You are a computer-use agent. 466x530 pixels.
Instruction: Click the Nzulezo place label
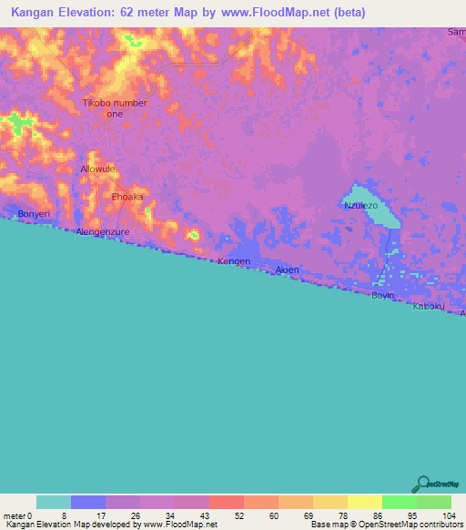point(360,206)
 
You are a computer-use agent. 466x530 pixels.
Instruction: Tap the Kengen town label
point(233,261)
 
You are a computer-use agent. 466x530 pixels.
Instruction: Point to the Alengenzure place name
point(105,232)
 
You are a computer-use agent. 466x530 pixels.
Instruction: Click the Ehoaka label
point(127,197)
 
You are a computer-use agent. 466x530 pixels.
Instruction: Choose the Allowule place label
point(99,169)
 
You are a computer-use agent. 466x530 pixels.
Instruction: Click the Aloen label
point(287,270)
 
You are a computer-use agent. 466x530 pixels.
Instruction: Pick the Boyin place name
point(382,296)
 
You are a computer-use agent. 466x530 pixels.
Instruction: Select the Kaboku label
point(429,306)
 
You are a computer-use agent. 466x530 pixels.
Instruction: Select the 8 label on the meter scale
point(71,515)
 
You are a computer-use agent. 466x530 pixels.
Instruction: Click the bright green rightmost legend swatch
point(433,502)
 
